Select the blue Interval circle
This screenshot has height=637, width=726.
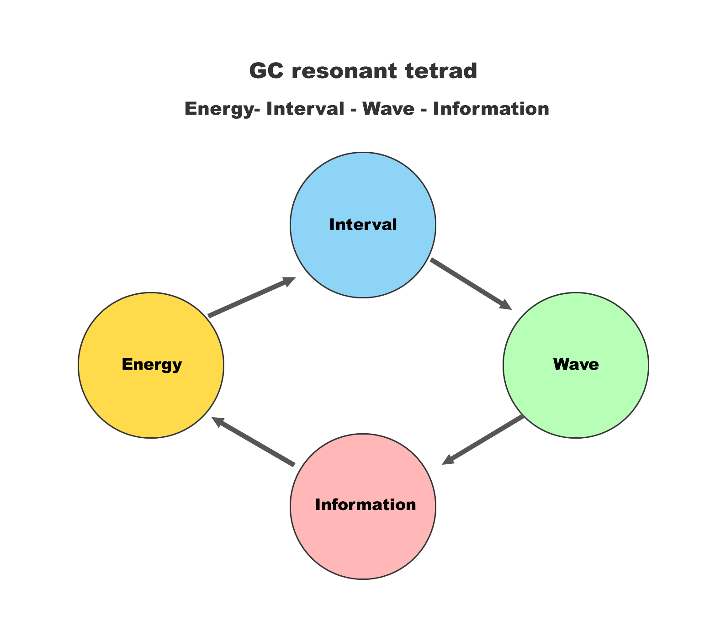pyautogui.click(x=363, y=256)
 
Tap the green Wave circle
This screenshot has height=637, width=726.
pyautogui.click(x=576, y=393)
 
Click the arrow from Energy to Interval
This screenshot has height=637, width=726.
pyautogui.click(x=249, y=297)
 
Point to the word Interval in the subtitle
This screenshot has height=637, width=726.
pyautogui.click(x=305, y=109)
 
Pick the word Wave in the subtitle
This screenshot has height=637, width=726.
pyautogui.click(x=388, y=109)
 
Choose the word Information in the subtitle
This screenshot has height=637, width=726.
pyautogui.click(x=491, y=109)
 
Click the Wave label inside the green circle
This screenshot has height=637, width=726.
pyautogui.click(x=576, y=365)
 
